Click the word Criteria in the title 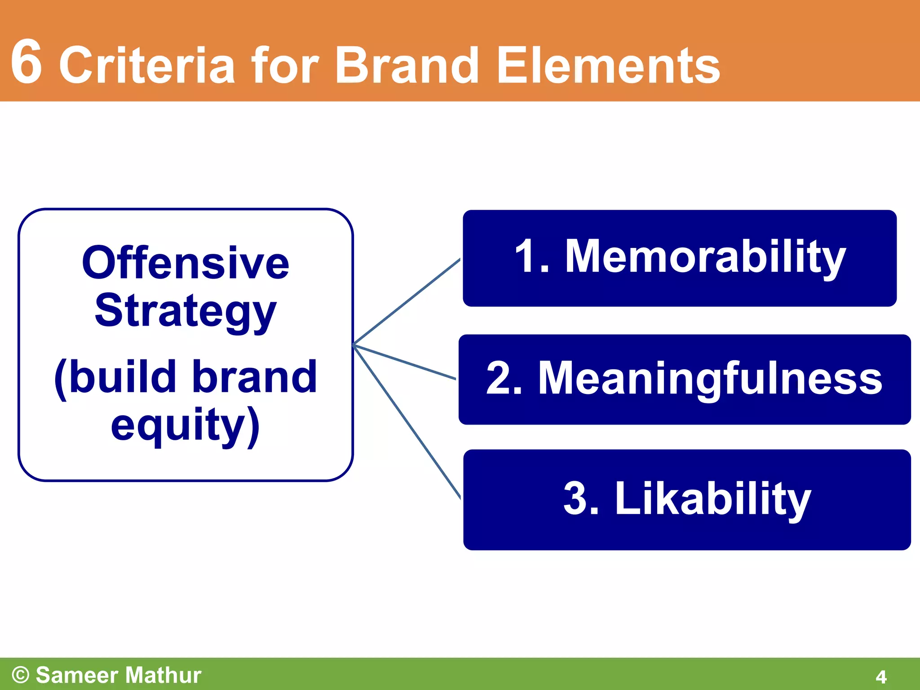click(x=147, y=66)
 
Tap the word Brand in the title click(x=407, y=66)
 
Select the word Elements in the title click(x=608, y=66)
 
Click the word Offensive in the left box click(x=186, y=264)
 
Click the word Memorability click(x=705, y=257)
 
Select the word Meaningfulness click(x=710, y=378)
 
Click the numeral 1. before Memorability click(x=532, y=257)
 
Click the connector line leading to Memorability click(x=407, y=302)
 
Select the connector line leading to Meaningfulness click(x=404, y=362)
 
